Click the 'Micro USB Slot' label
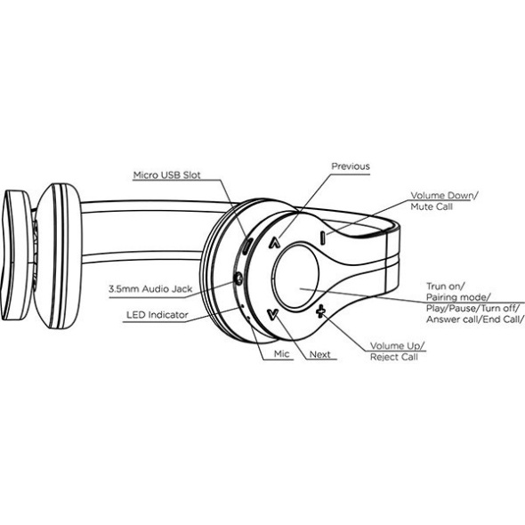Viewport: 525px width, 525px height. tap(166, 175)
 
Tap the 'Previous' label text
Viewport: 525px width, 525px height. tap(351, 166)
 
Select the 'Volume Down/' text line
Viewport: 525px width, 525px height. tap(445, 196)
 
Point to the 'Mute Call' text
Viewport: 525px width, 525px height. tap(432, 206)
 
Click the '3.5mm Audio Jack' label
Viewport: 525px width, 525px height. tap(150, 289)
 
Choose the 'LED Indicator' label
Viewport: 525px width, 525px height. tap(157, 315)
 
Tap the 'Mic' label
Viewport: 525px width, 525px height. tap(281, 354)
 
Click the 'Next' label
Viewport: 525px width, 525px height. tap(319, 354)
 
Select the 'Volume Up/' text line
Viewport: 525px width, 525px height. tap(398, 346)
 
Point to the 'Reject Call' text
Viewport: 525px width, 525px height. tap(394, 357)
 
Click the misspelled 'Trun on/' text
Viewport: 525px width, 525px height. tap(445, 287)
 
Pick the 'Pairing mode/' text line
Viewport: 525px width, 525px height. tap(458, 297)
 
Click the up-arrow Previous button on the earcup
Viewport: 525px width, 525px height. tap(275, 243)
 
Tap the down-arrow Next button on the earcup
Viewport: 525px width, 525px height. tap(273, 314)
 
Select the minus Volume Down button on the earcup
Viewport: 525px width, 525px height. tap(322, 238)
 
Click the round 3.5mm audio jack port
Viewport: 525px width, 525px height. tap(238, 279)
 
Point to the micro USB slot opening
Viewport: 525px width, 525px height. tap(246, 246)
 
